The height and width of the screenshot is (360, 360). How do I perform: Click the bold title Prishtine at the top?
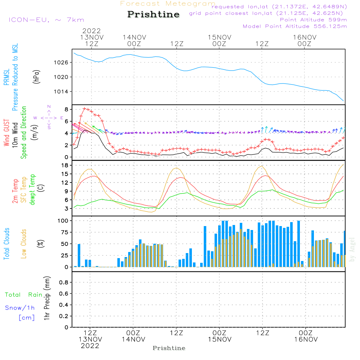click(153, 14)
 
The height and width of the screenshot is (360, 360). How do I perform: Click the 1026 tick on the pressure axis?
click(61, 62)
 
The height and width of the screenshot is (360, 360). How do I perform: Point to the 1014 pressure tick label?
click(61, 91)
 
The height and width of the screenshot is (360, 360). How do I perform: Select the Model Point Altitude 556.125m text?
click(295, 26)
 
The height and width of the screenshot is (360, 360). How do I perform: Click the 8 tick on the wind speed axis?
click(66, 109)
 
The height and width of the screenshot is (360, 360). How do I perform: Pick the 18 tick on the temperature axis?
click(65, 165)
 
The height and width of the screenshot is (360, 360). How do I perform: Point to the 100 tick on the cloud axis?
click(63, 221)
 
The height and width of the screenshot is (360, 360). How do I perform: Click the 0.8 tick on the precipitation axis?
click(64, 282)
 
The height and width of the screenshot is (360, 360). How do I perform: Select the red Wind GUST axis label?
click(6, 133)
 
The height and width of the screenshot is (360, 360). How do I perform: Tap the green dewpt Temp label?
click(32, 189)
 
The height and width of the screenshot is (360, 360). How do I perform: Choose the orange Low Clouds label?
click(23, 244)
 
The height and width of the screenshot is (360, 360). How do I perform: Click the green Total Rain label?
click(24, 295)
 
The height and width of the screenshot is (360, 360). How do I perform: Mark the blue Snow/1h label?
click(20, 308)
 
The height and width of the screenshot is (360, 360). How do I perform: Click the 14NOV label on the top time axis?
click(134, 37)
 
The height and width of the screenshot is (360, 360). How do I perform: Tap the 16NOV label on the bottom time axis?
click(306, 339)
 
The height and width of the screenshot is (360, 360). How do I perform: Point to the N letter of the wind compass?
click(49, 107)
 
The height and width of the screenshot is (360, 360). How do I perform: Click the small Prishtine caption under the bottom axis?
click(169, 348)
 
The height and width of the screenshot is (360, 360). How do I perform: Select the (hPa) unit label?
click(36, 77)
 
